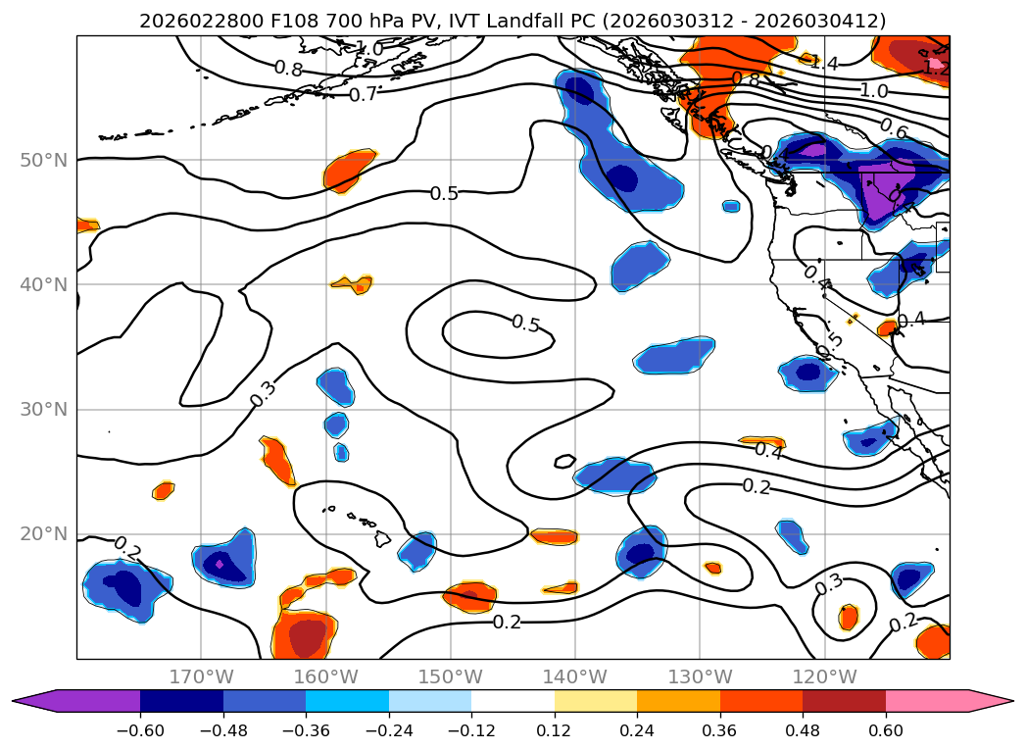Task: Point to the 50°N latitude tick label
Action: [44, 160]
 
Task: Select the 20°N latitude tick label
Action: [44, 534]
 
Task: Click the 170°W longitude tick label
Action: [201, 676]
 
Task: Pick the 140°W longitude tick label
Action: [575, 676]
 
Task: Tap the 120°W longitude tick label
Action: [825, 676]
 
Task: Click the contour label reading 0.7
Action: [363, 95]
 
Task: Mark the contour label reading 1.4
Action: [824, 64]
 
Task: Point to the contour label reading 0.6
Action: [894, 128]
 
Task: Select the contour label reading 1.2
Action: [937, 68]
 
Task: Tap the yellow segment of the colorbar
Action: [596, 700]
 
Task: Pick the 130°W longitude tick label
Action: [701, 676]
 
